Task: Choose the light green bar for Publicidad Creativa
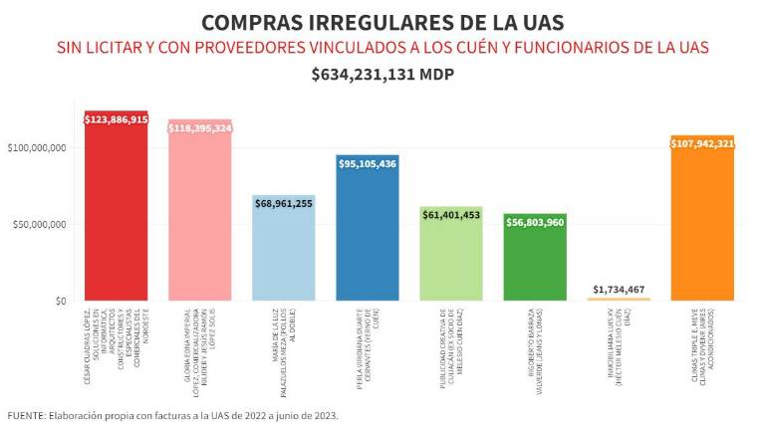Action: point(451,259)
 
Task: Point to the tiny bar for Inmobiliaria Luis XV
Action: point(619,299)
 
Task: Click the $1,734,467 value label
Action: point(619,289)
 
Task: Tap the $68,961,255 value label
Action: point(283,203)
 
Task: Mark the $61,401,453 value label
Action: point(451,214)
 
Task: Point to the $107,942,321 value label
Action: point(702,143)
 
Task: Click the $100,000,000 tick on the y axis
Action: point(37,148)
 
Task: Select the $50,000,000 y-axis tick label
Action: point(40,225)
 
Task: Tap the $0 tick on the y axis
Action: point(61,301)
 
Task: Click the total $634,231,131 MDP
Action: point(382,75)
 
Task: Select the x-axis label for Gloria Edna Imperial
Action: point(199,338)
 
